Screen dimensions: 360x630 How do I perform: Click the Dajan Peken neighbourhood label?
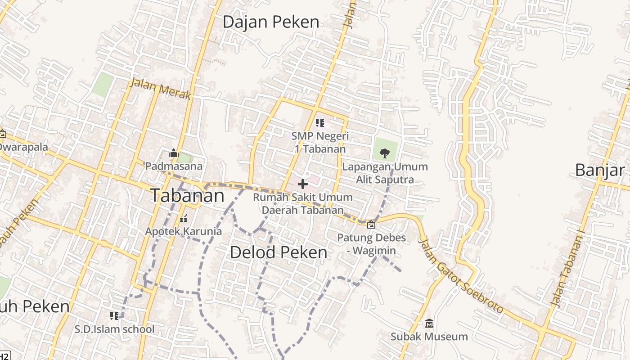[x=271, y=22]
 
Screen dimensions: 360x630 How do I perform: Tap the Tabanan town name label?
[x=187, y=196]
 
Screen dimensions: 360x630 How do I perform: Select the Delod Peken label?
[x=279, y=252]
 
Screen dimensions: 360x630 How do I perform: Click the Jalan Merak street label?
[x=161, y=89]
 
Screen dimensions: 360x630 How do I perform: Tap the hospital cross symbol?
[x=303, y=184]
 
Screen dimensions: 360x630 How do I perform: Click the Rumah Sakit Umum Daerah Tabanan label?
[x=303, y=203]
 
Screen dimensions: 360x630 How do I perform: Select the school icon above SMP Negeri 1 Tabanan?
[x=320, y=122]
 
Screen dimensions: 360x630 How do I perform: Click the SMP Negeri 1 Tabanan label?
[x=320, y=142]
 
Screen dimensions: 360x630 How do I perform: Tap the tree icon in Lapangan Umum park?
[x=385, y=153]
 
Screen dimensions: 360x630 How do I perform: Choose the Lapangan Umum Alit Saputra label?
[x=385, y=173]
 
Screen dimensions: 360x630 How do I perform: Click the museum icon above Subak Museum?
[x=429, y=323]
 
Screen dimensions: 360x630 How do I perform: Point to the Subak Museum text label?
[x=429, y=337]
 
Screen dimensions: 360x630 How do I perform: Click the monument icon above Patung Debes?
[x=371, y=225]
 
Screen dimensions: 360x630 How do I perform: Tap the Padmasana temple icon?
[x=174, y=153]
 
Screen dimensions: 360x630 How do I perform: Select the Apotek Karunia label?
[x=183, y=231]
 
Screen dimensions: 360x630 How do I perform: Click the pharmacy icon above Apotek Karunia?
[x=183, y=219]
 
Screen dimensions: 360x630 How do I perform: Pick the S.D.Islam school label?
[x=114, y=329]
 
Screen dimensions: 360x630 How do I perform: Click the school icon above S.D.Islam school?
[x=114, y=315]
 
